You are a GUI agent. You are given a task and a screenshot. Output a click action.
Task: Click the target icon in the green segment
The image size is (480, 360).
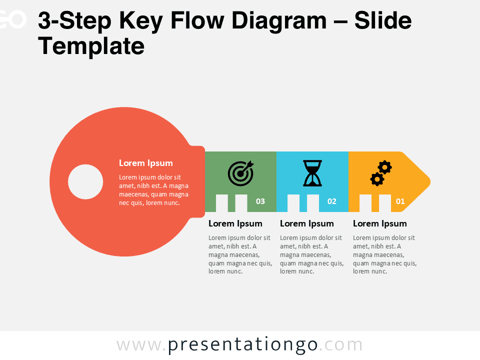pos(240,172)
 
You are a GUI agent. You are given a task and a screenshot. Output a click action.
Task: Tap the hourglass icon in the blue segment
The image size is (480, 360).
pos(312,173)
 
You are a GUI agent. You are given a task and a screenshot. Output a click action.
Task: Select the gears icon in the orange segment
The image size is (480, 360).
pos(381,173)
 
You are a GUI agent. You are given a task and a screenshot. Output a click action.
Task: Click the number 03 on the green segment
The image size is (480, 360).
pos(260,201)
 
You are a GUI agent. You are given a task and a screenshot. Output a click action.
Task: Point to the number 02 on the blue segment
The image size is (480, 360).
pos(332,201)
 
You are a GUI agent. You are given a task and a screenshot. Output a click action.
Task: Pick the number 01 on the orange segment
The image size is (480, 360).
pos(400,201)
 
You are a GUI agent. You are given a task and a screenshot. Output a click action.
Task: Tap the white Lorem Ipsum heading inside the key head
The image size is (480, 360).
pos(146,163)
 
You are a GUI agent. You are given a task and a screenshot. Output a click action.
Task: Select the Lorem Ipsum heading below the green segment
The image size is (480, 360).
pos(235,223)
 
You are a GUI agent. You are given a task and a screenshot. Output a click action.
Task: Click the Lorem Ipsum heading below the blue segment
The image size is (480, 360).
pos(307,223)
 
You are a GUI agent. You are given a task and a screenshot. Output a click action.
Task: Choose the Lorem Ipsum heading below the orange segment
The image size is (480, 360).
pos(380,223)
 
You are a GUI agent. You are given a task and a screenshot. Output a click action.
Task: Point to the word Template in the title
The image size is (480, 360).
pos(91,46)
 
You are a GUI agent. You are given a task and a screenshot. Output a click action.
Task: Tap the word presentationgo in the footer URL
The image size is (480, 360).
pos(243,345)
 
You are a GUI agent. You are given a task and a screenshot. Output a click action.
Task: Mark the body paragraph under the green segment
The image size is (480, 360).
pos(240,254)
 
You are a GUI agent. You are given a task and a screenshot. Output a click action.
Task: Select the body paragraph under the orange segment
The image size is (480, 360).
pos(384,254)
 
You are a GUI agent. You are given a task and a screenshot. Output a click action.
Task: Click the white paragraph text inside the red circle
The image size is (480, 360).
pos(153,190)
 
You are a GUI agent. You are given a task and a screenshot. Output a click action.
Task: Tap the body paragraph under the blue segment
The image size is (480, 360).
pos(311,254)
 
